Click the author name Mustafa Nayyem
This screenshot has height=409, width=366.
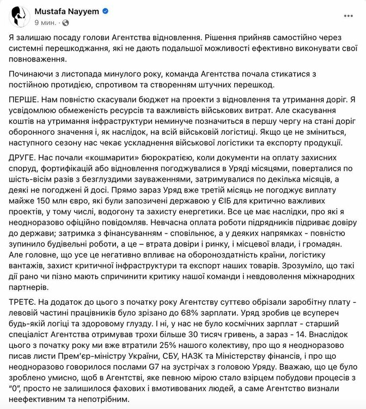click(60, 11)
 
